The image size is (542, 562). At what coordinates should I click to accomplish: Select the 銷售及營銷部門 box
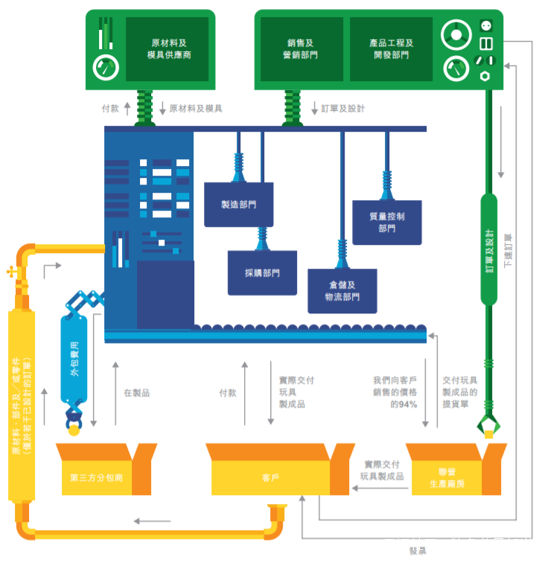click(x=302, y=49)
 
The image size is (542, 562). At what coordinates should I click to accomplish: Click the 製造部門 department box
click(x=238, y=204)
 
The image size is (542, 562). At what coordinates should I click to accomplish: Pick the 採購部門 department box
click(x=262, y=273)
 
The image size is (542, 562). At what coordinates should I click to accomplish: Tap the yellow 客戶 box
click(x=270, y=477)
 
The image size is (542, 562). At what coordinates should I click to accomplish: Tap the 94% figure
click(x=408, y=404)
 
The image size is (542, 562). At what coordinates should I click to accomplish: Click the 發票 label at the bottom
click(x=418, y=552)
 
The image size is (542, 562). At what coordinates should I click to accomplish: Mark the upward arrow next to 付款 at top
click(x=127, y=109)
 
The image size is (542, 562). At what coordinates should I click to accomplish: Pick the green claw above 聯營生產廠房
click(x=488, y=427)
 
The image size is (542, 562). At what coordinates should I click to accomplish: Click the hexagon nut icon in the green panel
click(x=485, y=76)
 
